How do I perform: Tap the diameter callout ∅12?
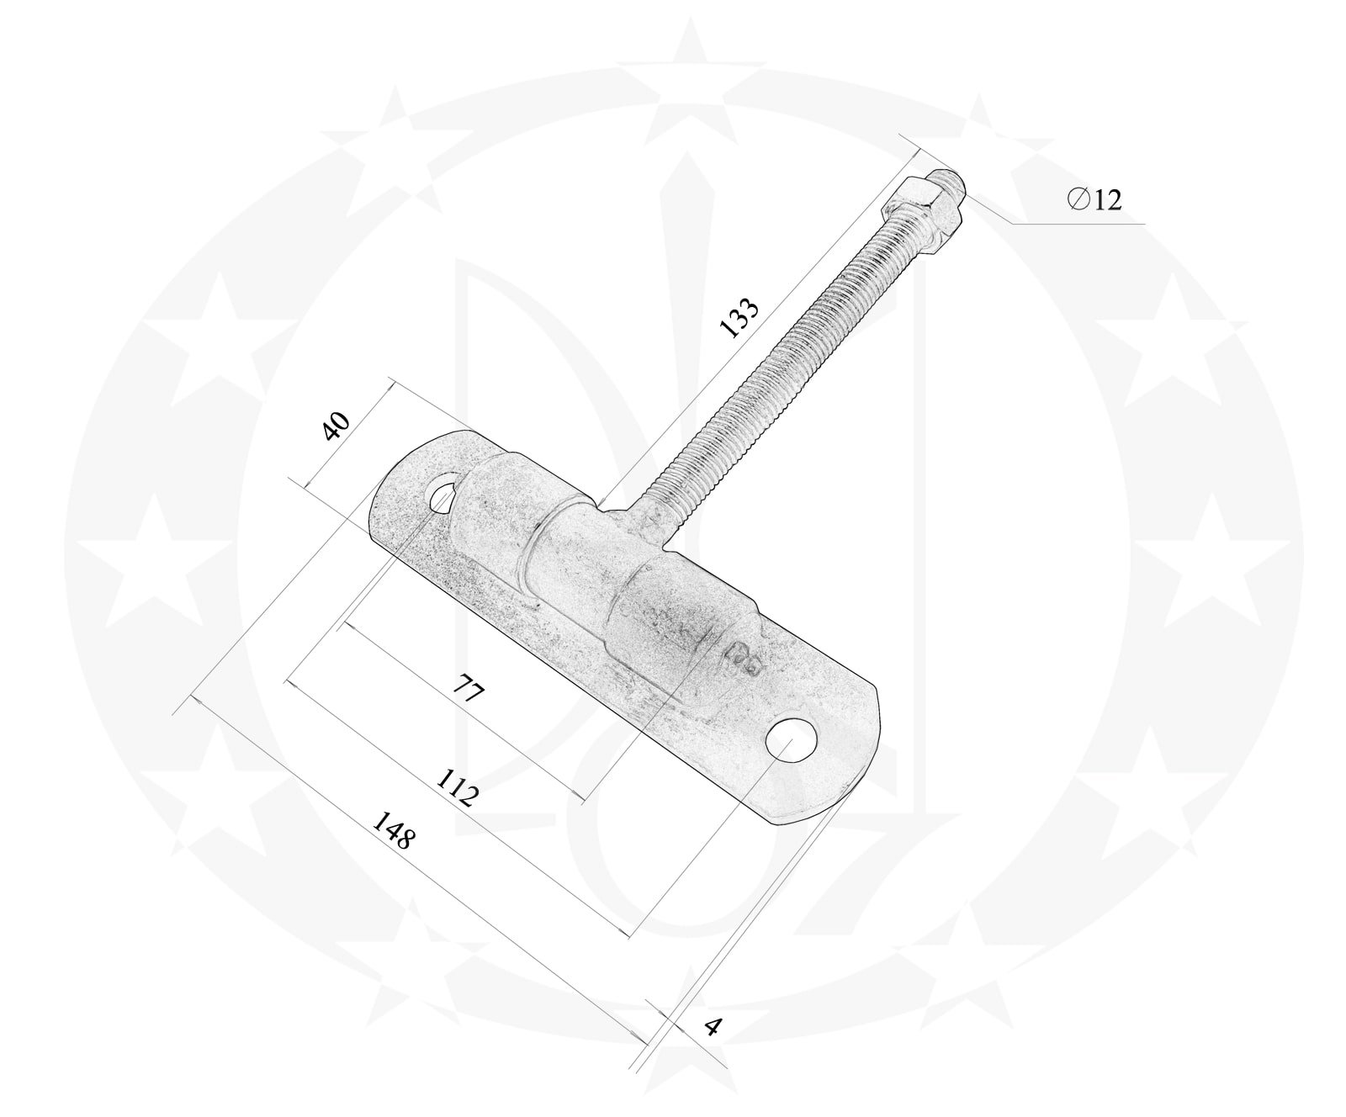point(1094,199)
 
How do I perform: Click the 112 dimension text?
point(458,787)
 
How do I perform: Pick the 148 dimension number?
point(394,829)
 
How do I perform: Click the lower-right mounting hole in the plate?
point(792,739)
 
